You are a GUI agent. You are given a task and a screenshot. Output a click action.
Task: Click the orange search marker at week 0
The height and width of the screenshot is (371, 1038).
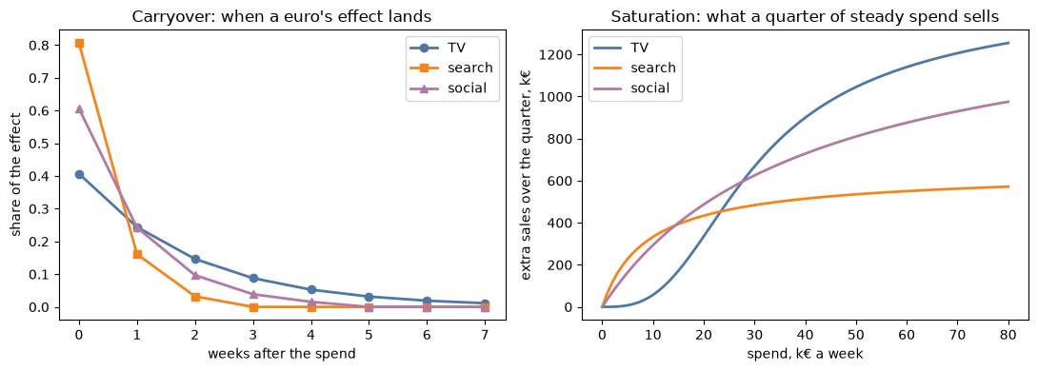(x=79, y=44)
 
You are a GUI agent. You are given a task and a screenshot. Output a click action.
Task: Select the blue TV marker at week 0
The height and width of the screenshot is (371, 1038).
(x=79, y=175)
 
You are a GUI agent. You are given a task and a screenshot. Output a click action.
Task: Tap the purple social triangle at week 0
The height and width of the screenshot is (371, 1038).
(x=79, y=109)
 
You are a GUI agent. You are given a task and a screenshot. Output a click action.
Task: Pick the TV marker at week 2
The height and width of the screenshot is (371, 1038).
(x=195, y=260)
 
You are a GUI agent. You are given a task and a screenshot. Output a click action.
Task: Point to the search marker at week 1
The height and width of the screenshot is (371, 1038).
(x=138, y=254)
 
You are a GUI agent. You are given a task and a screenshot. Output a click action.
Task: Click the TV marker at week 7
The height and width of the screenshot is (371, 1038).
(x=485, y=303)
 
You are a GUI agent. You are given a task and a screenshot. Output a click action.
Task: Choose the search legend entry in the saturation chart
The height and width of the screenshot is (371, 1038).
(x=634, y=68)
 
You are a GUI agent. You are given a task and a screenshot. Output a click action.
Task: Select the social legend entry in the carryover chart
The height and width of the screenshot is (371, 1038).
(x=452, y=88)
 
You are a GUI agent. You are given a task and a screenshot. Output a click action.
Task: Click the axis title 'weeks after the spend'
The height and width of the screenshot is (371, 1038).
(x=282, y=354)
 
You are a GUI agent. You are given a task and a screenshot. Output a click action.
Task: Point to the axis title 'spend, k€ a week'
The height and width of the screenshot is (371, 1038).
(x=805, y=354)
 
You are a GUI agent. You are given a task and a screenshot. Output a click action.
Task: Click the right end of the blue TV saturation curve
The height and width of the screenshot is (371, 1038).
(x=1008, y=43)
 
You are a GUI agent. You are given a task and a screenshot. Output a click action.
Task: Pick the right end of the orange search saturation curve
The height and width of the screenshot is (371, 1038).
(x=1008, y=186)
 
